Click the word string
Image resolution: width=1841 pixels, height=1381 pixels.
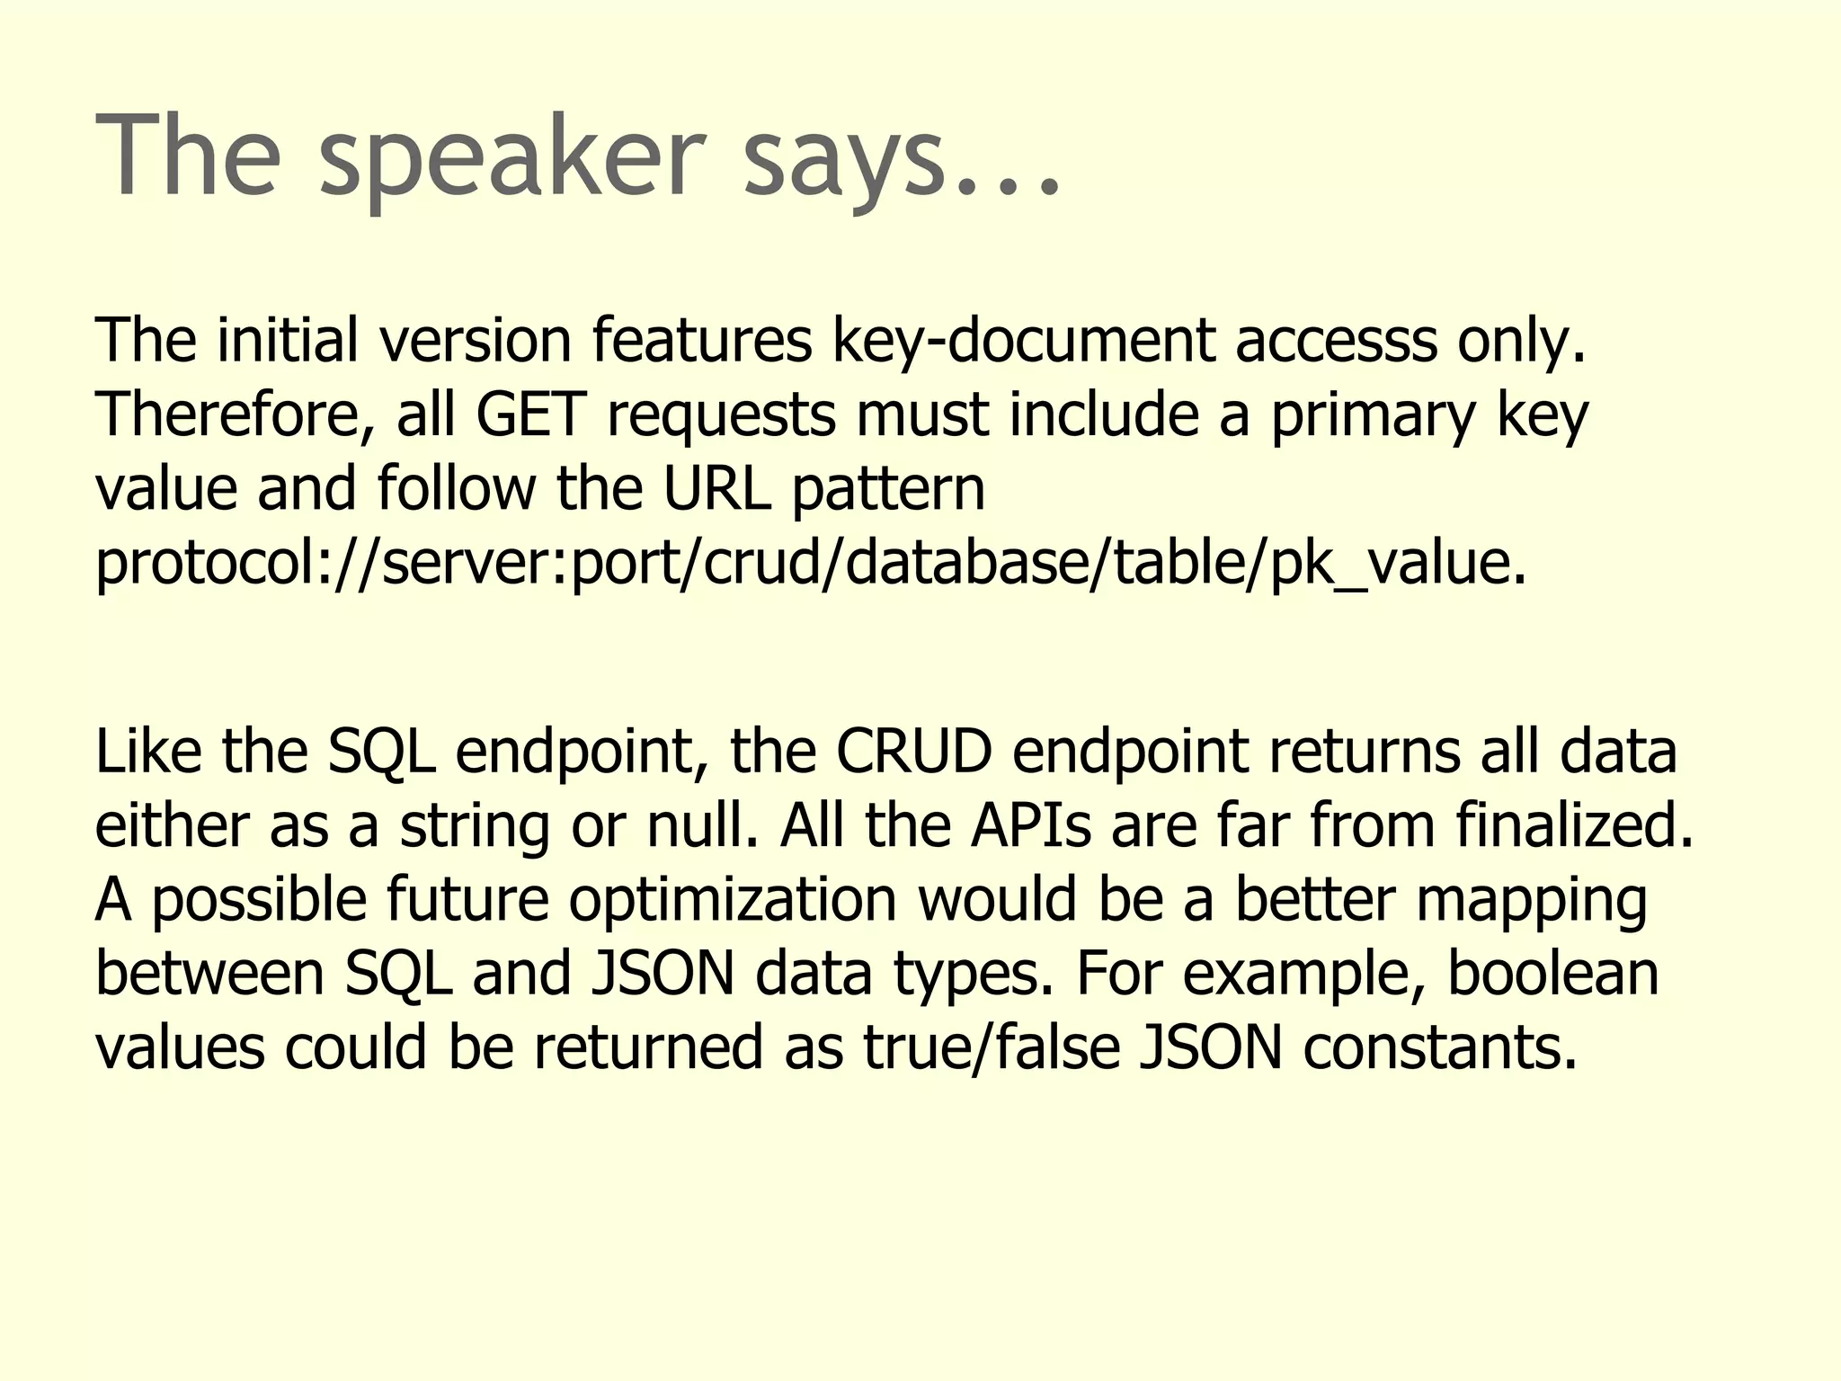tap(475, 826)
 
